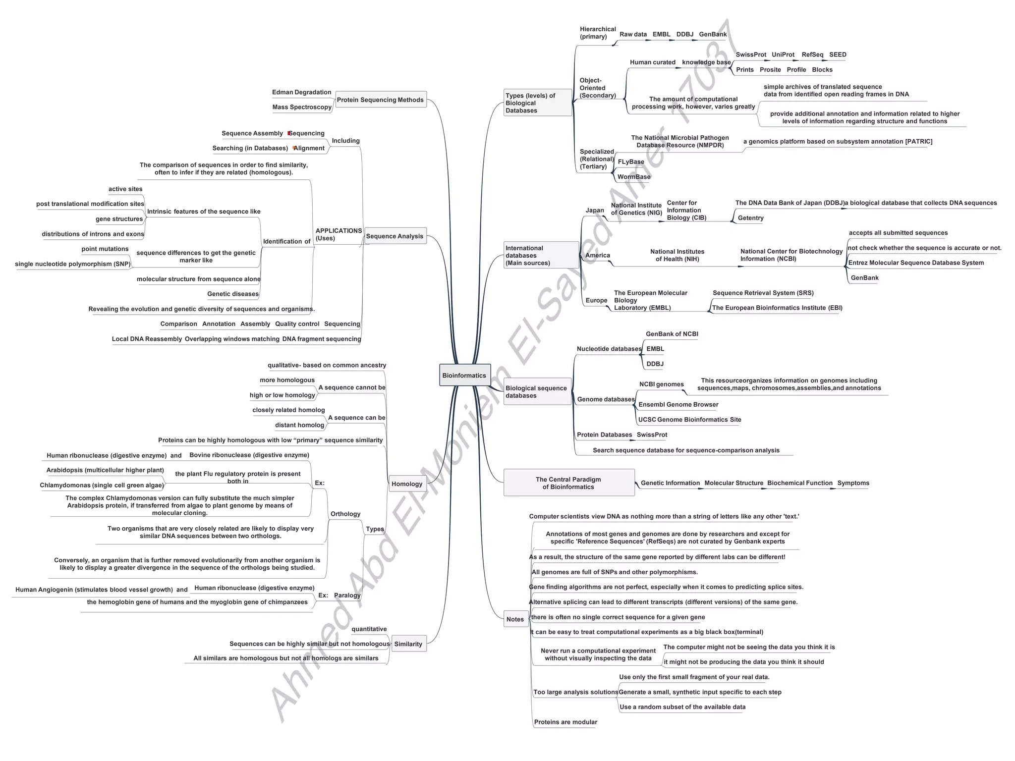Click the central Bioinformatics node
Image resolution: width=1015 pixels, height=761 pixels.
tap(464, 376)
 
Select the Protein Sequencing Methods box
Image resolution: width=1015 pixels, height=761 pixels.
tap(380, 100)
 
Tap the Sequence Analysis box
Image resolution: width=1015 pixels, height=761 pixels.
tap(395, 236)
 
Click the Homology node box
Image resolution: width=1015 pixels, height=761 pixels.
tap(407, 484)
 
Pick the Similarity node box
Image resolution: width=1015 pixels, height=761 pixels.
tap(408, 644)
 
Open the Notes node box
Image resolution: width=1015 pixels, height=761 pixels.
tap(515, 619)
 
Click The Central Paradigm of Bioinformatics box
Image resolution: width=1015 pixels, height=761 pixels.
tap(568, 483)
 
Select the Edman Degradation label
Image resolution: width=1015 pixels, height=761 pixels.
tap(301, 92)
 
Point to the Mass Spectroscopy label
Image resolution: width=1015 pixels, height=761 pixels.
tap(302, 107)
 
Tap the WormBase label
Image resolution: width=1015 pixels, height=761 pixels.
tap(634, 177)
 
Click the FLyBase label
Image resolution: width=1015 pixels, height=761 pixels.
tap(631, 162)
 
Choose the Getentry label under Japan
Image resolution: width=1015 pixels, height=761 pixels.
tap(750, 218)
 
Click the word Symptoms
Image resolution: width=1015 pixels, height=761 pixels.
tap(853, 483)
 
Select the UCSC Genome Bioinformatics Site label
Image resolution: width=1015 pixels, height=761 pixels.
tap(689, 420)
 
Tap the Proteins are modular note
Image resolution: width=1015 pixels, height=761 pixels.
tap(565, 722)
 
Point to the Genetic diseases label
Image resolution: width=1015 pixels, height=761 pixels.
tap(233, 294)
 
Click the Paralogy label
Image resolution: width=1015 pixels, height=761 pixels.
tap(347, 596)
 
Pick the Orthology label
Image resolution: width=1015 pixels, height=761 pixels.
tap(345, 514)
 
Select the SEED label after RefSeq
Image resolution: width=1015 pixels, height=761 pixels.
tap(838, 54)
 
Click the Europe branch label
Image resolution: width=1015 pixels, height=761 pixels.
tap(596, 300)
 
